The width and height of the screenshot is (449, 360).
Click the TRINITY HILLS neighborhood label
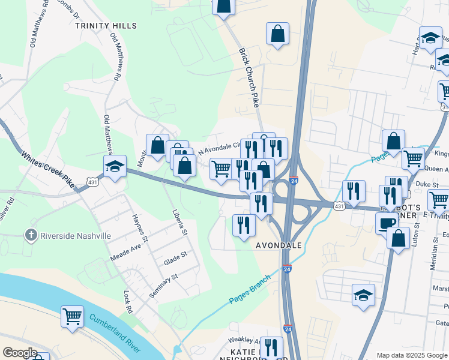(x=106, y=26)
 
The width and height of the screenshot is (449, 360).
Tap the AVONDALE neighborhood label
(x=279, y=246)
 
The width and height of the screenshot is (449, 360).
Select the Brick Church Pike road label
(x=249, y=77)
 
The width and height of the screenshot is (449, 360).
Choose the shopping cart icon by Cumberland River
(x=72, y=316)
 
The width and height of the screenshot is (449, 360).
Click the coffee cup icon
(x=387, y=223)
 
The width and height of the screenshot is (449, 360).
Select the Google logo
(x=20, y=353)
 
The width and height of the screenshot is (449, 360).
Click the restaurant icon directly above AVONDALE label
(x=243, y=226)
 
